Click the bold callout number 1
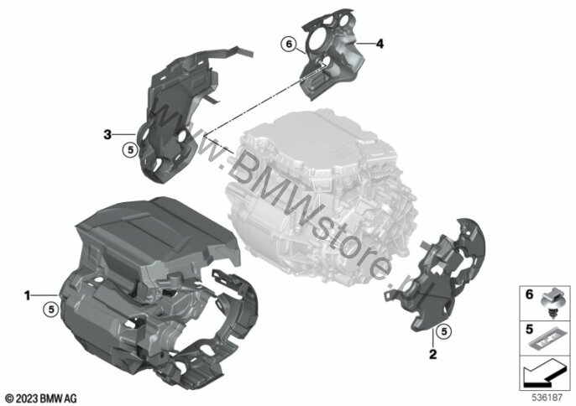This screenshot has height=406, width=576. click(x=27, y=295)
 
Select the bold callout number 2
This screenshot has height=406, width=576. click(x=433, y=354)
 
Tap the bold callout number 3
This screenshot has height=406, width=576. click(x=107, y=135)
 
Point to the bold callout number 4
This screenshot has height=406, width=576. click(x=380, y=44)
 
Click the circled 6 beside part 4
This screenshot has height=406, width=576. click(x=288, y=44)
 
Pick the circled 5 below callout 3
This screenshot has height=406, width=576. click(x=130, y=150)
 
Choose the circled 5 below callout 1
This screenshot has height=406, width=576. click(x=51, y=310)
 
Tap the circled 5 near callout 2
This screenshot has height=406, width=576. click(x=443, y=331)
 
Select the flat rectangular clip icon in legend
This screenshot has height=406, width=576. click(x=547, y=339)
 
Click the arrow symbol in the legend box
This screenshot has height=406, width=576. click(x=545, y=372)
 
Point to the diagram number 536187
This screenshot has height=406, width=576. click(x=547, y=398)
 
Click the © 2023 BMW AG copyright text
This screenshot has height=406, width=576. click(x=41, y=398)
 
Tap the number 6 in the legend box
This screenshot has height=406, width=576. click(x=529, y=294)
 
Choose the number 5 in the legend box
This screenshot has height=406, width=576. click(x=529, y=330)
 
